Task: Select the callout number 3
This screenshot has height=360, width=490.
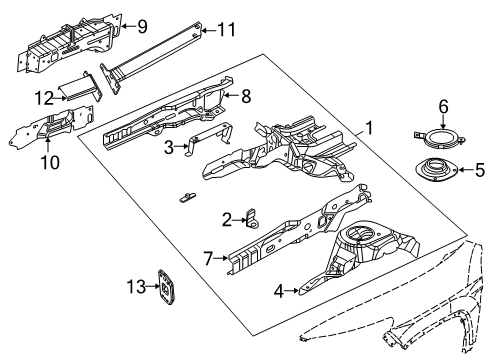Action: pos(169,148)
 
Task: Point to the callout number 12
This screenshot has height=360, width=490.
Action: pos(43,96)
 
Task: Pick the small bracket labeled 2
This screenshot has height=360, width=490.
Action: pos(250,218)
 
